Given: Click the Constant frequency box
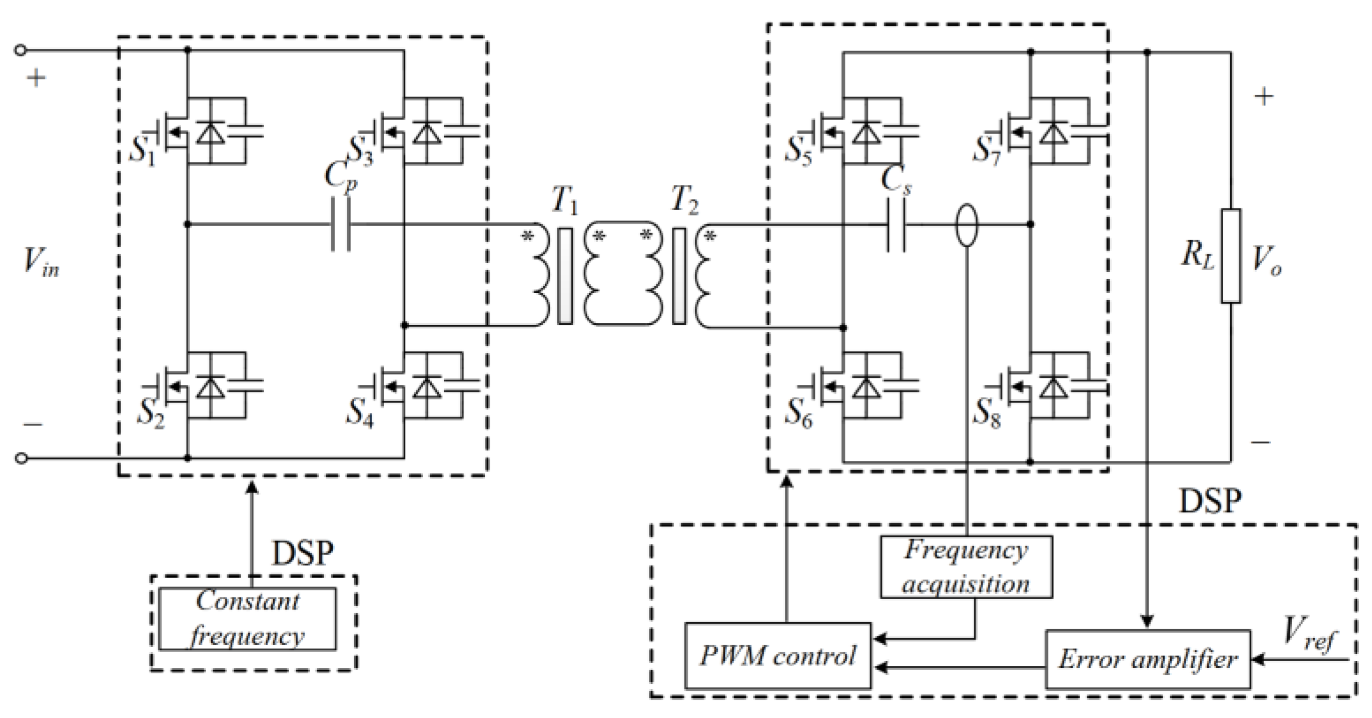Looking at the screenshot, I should point(247,619).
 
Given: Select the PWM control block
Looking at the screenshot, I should point(777,656).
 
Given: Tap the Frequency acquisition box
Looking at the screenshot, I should point(966,567).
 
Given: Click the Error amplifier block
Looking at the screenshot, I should point(1147,659).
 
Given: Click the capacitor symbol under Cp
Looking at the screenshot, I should point(341,224).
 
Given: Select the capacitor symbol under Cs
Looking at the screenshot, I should point(896,224).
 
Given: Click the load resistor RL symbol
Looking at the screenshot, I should point(1231,256).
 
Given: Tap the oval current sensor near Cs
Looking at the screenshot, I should point(967,225).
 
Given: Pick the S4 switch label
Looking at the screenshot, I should point(359,411).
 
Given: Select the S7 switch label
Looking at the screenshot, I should point(986,150).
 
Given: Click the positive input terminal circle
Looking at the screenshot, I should point(21,51).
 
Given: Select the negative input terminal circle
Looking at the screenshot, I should point(21,458).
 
